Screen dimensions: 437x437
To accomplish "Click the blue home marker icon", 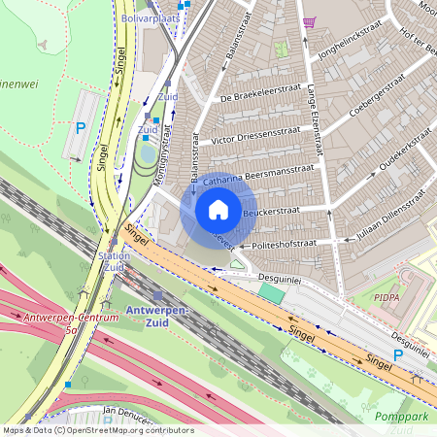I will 218,210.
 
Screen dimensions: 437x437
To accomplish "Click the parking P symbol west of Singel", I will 81,127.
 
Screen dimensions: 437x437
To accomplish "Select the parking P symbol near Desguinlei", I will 397,355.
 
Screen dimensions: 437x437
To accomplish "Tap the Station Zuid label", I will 114,261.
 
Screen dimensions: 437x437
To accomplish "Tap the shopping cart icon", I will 309,22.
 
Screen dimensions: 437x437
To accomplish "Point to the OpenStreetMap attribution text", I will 98,429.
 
